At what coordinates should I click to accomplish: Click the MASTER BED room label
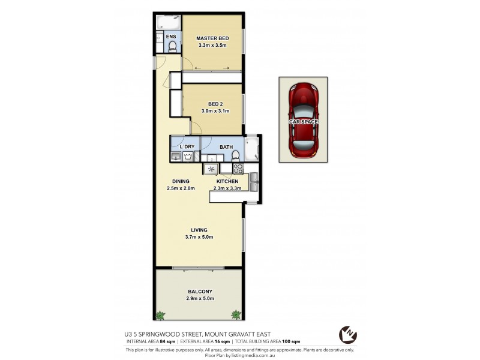click(212, 38)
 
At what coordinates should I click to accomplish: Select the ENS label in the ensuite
click(171, 37)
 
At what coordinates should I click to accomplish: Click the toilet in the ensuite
click(173, 46)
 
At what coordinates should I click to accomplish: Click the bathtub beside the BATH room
click(250, 149)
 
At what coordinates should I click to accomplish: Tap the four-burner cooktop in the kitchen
click(238, 169)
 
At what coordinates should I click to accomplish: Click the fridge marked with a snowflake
click(211, 169)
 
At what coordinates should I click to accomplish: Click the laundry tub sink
click(176, 157)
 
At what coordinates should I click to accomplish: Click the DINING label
click(181, 181)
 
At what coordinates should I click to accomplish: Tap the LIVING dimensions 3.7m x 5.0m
click(199, 237)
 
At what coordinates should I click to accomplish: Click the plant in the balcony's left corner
click(160, 314)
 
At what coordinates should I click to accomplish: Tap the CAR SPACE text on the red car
click(303, 122)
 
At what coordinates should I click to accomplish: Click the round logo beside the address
click(346, 333)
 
